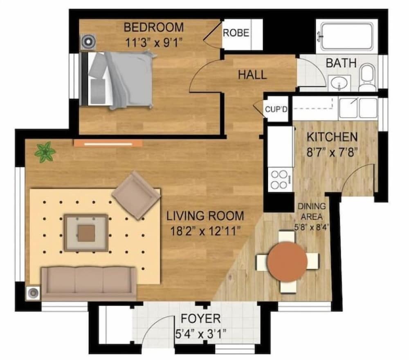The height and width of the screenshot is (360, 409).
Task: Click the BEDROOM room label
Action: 154,27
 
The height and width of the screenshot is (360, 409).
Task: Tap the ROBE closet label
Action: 236,33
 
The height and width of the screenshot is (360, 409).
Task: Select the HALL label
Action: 252,75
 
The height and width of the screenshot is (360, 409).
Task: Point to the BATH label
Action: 341,63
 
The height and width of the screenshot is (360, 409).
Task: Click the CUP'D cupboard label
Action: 276,109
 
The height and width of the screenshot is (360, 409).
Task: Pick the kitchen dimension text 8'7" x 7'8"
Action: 332,152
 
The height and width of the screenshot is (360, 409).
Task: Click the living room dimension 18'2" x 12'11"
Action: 205,231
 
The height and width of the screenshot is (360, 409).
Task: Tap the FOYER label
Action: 200,319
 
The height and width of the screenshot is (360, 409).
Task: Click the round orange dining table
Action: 287,261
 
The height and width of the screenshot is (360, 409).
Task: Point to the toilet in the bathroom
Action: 368,77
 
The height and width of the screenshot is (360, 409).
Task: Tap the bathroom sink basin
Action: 339,83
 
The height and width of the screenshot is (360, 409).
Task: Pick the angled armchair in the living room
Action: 136,195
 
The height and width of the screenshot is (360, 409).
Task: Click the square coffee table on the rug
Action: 86,233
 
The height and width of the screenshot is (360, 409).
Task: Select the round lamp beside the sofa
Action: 33,293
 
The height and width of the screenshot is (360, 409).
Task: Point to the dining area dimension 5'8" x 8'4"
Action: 311,227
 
